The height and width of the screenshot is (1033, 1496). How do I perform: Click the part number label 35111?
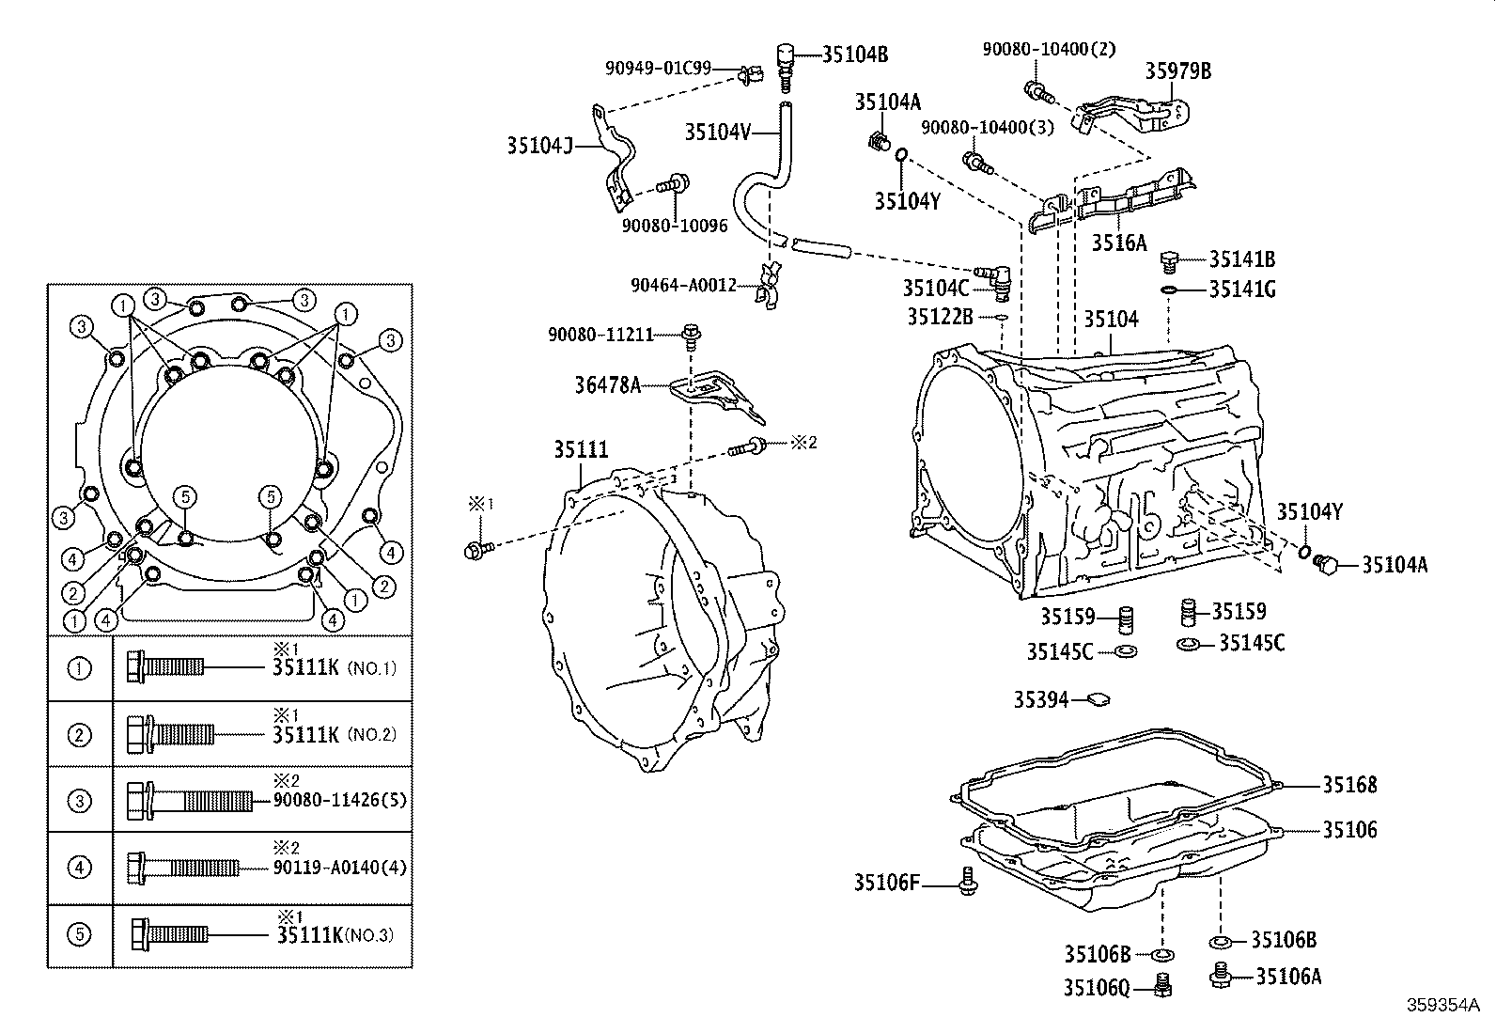[580, 450]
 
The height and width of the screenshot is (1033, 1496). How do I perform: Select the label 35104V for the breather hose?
[718, 133]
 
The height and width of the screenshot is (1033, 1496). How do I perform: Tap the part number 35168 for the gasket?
[1349, 785]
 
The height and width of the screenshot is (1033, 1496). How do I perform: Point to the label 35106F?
[886, 883]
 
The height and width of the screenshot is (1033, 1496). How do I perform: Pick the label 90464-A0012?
[683, 285]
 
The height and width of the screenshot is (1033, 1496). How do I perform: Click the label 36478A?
[607, 384]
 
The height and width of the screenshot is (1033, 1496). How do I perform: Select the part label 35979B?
[1177, 71]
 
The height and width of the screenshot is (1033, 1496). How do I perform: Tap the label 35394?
[1040, 699]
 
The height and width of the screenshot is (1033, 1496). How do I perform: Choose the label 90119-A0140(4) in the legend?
[340, 867]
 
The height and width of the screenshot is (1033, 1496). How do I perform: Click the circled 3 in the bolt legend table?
[80, 801]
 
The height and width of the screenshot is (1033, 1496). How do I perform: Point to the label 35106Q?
[1097, 988]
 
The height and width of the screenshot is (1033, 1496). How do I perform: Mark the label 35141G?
[1241, 290]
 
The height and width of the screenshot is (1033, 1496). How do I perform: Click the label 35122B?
[940, 317]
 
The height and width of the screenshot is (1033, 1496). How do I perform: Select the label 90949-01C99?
[658, 69]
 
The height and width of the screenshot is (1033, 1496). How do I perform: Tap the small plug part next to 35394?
[1098, 699]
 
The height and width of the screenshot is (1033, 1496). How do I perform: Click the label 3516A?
[1118, 243]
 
